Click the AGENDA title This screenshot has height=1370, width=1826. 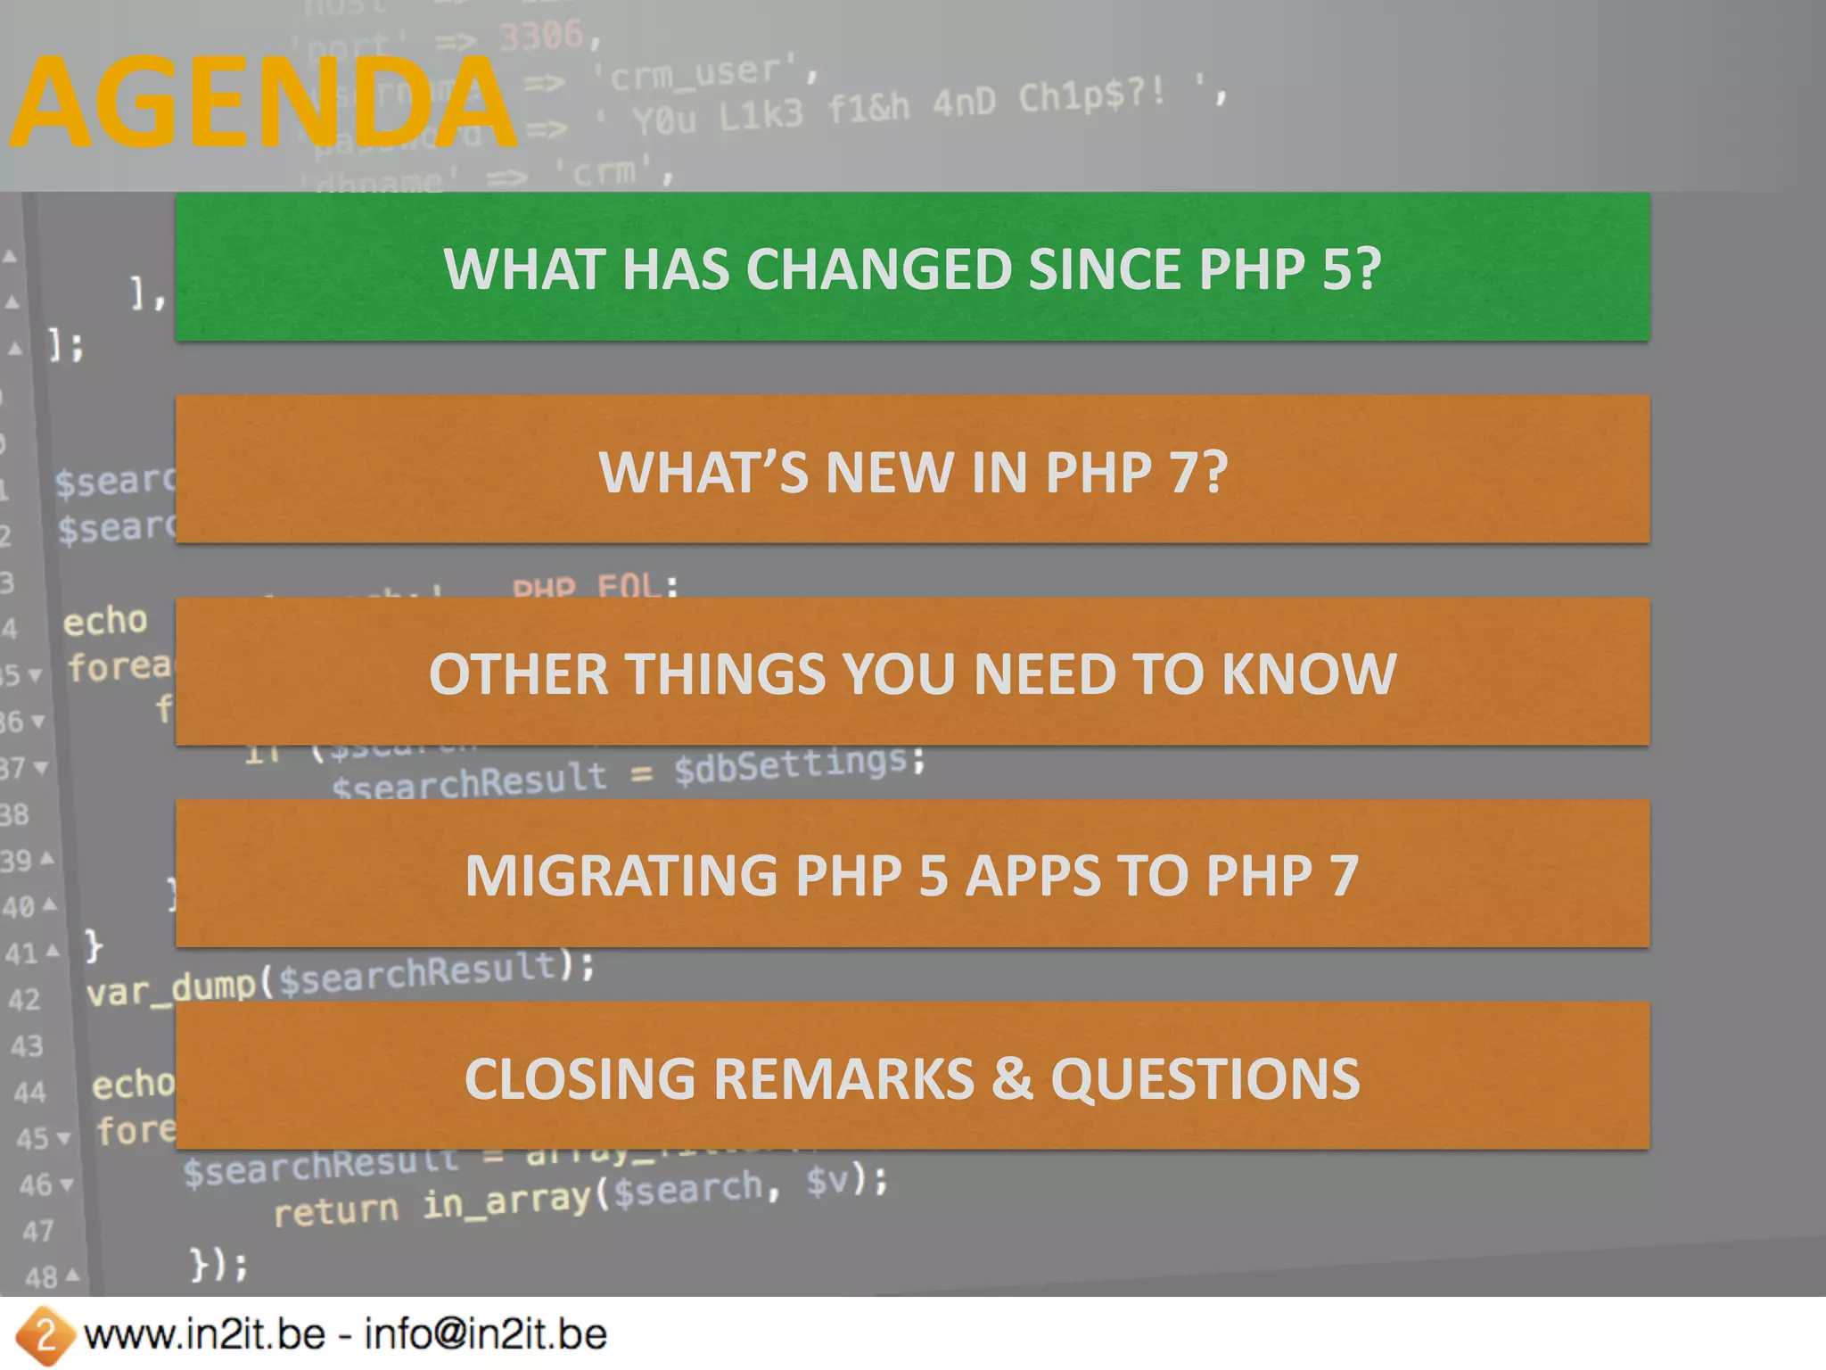click(264, 103)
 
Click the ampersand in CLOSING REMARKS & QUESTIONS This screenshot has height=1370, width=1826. click(1012, 1078)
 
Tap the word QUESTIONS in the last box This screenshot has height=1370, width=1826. click(1205, 1078)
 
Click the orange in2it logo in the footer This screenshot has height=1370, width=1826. click(44, 1335)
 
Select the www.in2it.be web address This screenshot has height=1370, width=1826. click(205, 1335)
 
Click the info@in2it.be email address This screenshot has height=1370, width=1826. click(486, 1335)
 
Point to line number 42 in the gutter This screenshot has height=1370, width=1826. click(24, 999)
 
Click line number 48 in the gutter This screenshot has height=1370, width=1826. click(40, 1277)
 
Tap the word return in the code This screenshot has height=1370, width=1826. click(335, 1210)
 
